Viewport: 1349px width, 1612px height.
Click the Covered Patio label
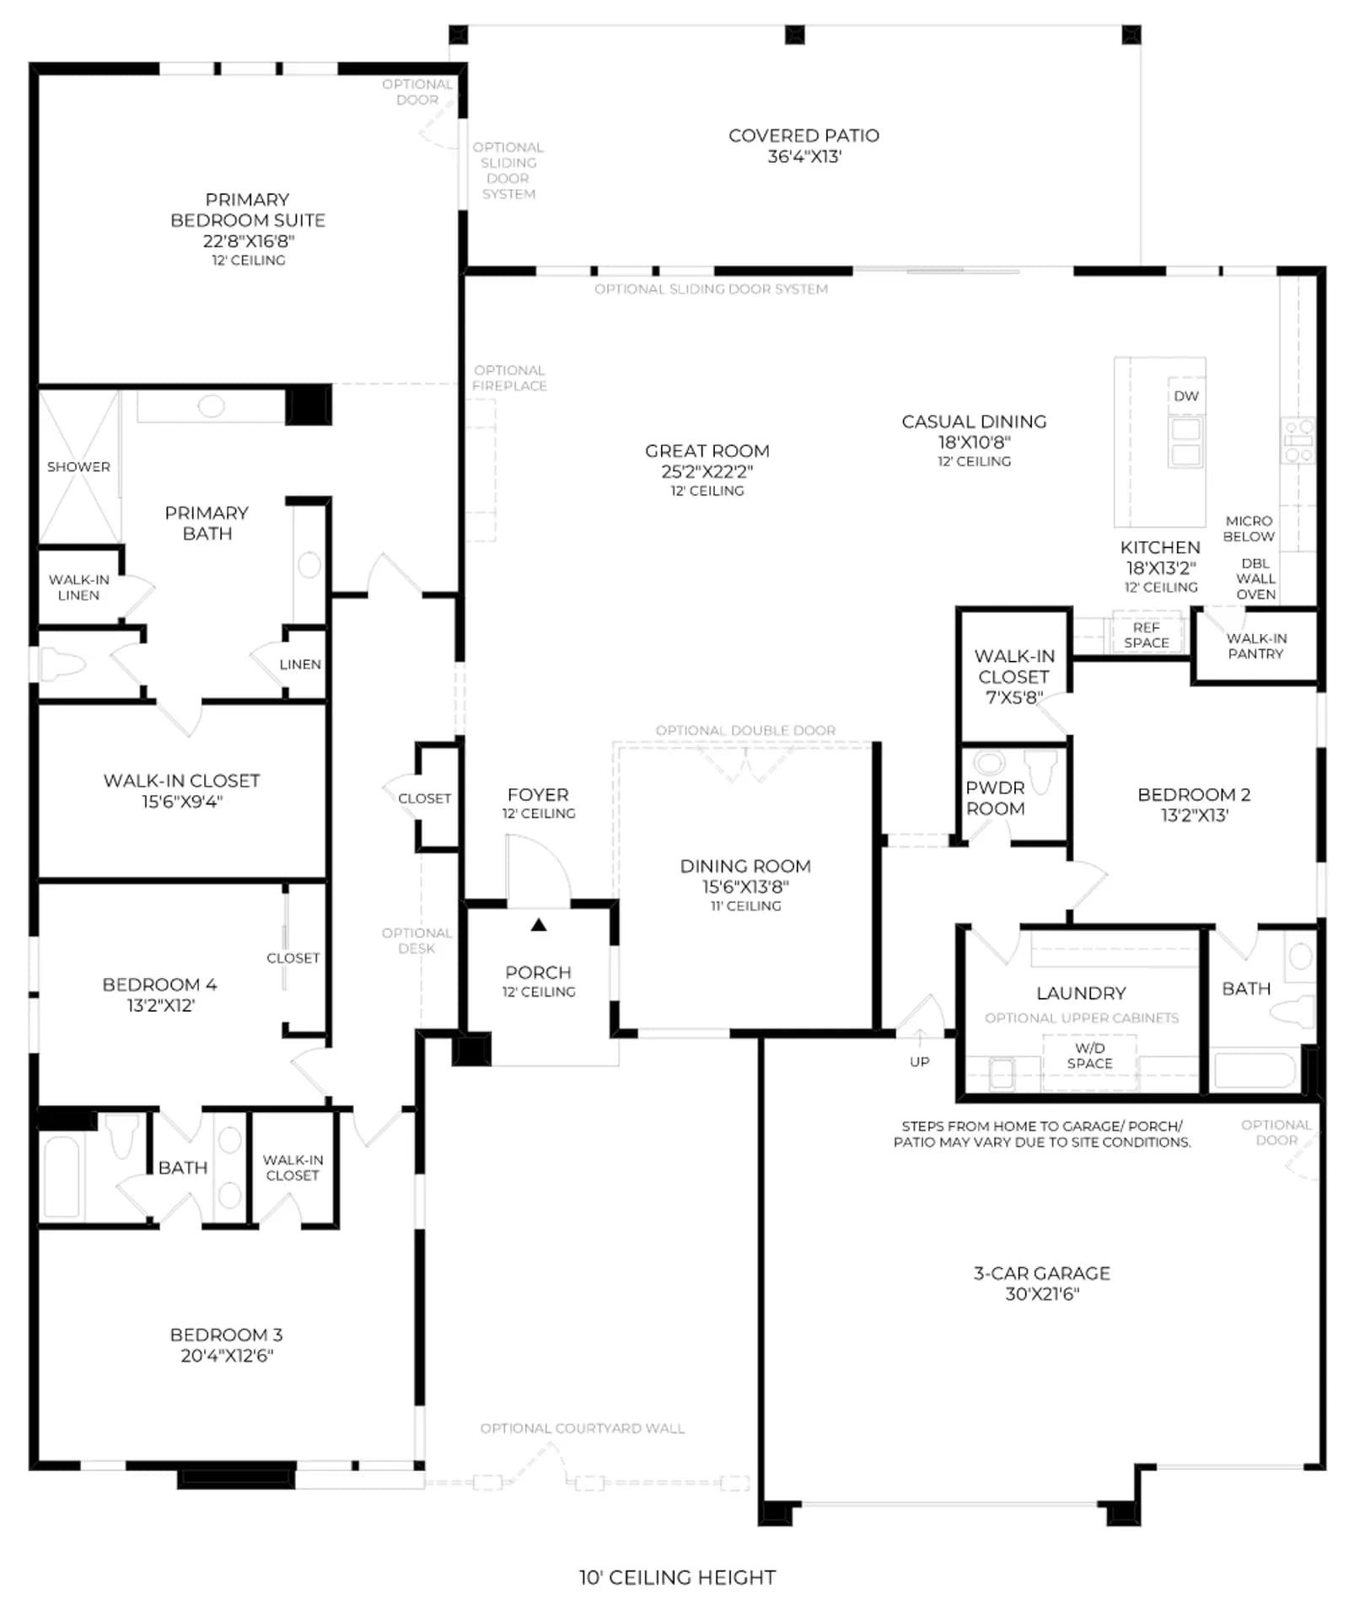click(803, 136)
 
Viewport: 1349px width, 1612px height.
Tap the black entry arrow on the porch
click(539, 925)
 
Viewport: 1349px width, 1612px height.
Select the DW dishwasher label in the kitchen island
click(1185, 396)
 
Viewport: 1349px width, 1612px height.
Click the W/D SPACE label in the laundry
click(1089, 1056)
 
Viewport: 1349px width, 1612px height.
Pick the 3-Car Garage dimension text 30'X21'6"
click(1042, 1294)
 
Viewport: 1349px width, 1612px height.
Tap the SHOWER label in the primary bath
click(78, 467)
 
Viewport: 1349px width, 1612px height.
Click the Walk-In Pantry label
click(1256, 646)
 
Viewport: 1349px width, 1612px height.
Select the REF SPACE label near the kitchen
click(1146, 635)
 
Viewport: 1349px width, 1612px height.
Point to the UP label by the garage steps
click(919, 1061)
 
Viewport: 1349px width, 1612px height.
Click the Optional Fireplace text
click(509, 378)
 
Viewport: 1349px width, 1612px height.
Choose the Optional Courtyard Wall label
click(583, 1428)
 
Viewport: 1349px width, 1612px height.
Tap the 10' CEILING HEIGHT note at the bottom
click(677, 1577)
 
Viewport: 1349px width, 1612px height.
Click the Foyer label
click(538, 795)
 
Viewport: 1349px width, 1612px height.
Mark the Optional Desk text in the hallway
click(417, 940)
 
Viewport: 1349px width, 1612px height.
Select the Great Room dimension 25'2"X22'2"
click(707, 471)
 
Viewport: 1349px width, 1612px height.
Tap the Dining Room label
click(745, 866)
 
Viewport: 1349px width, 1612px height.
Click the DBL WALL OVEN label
click(1255, 578)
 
